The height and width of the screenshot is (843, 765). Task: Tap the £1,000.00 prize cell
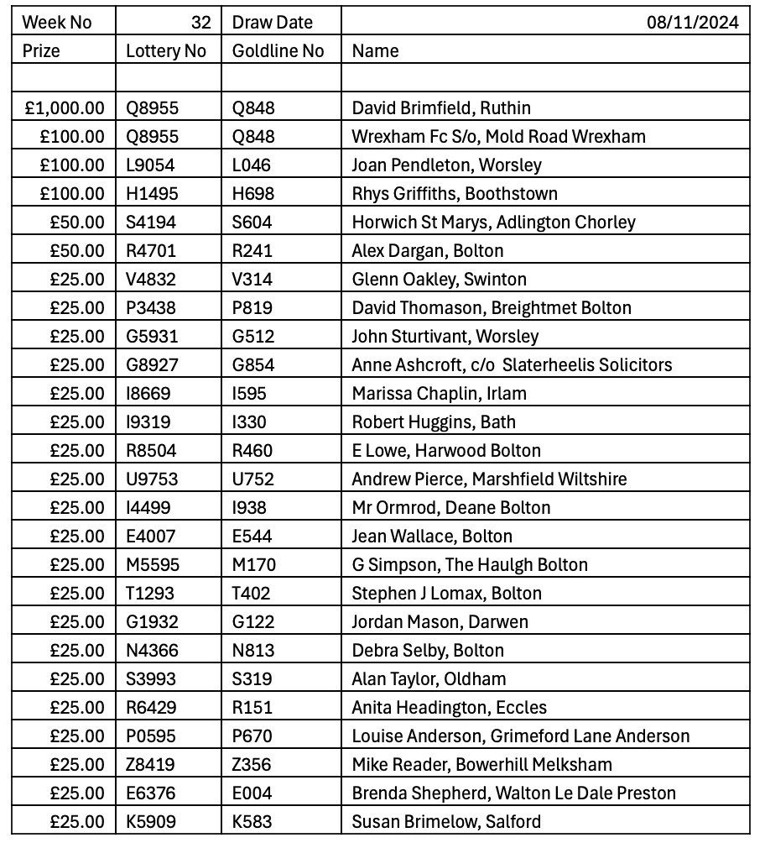tap(65, 108)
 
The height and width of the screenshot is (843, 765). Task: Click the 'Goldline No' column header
tap(278, 51)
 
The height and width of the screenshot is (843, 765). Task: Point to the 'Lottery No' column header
tap(165, 51)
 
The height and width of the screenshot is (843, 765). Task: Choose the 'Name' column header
tap(375, 51)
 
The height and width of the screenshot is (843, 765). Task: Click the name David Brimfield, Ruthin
tap(441, 108)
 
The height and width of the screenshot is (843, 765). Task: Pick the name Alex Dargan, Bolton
tap(428, 251)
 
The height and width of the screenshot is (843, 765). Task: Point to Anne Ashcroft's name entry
tap(512, 365)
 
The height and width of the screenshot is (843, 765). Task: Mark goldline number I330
tap(251, 422)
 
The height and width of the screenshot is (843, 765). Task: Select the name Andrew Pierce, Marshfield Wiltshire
tap(489, 479)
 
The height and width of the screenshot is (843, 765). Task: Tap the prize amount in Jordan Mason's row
tap(77, 622)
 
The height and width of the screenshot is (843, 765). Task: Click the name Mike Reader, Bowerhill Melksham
tap(481, 765)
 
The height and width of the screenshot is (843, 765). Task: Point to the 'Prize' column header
tap(41, 51)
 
